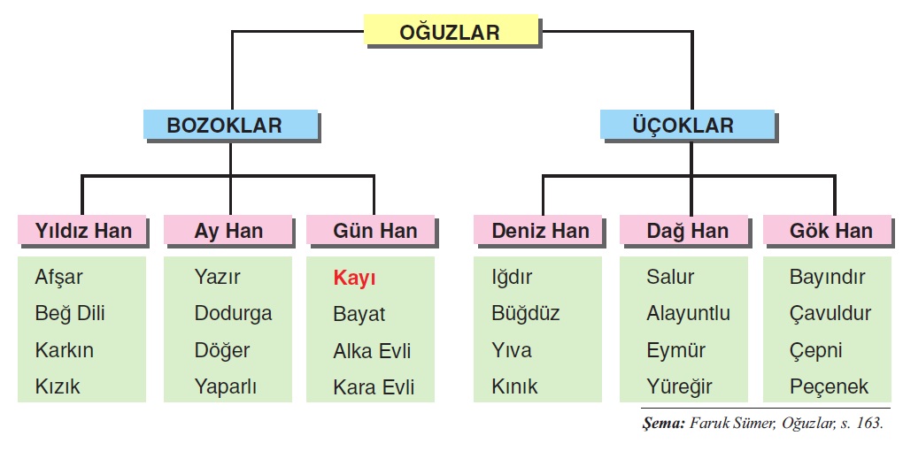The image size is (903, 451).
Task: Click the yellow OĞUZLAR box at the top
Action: click(450, 33)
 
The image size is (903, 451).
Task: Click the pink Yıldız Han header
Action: click(83, 231)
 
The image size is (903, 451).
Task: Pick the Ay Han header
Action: click(228, 231)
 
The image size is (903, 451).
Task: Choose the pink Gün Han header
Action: click(374, 231)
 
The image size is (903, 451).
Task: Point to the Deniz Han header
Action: click(540, 231)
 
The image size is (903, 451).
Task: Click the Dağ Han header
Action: click(687, 231)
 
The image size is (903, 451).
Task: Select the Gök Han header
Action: click(830, 231)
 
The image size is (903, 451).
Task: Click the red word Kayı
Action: click(354, 278)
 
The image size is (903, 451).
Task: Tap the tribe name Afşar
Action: click(58, 277)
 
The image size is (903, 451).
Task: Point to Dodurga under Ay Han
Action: click(233, 313)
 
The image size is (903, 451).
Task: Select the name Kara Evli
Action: click(374, 386)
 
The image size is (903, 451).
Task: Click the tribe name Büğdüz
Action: click(525, 313)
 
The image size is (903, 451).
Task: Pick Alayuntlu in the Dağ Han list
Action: click(688, 313)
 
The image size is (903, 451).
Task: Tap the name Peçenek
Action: click(829, 386)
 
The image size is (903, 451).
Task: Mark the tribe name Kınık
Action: click(514, 386)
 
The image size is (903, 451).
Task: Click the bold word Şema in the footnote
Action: click(663, 424)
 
